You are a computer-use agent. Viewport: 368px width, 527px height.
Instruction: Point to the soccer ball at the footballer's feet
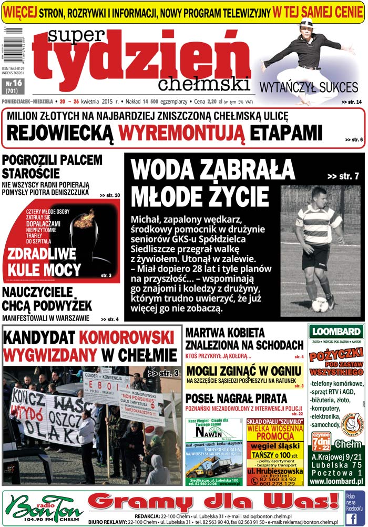coord(320,304)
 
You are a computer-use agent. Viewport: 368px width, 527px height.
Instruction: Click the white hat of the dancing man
coord(306,23)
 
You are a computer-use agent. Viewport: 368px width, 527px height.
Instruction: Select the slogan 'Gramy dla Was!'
coord(212,502)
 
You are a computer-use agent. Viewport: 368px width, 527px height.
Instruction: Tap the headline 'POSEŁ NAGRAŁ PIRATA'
coord(237,398)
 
